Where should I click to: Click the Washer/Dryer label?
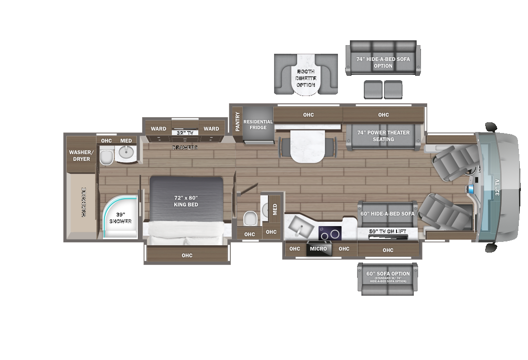[82, 156]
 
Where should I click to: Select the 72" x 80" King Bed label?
[186, 201]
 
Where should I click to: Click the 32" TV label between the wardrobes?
[185, 133]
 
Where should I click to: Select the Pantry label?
[237, 121]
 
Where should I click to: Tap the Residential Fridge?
[258, 125]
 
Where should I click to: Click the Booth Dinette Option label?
[306, 78]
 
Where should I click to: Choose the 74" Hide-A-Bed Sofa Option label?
[383, 62]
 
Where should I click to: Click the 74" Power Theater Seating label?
[384, 136]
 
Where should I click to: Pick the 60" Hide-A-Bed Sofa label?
[387, 214]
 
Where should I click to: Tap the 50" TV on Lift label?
[387, 231]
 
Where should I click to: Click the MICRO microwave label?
[318, 249]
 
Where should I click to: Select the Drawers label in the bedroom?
[185, 147]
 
